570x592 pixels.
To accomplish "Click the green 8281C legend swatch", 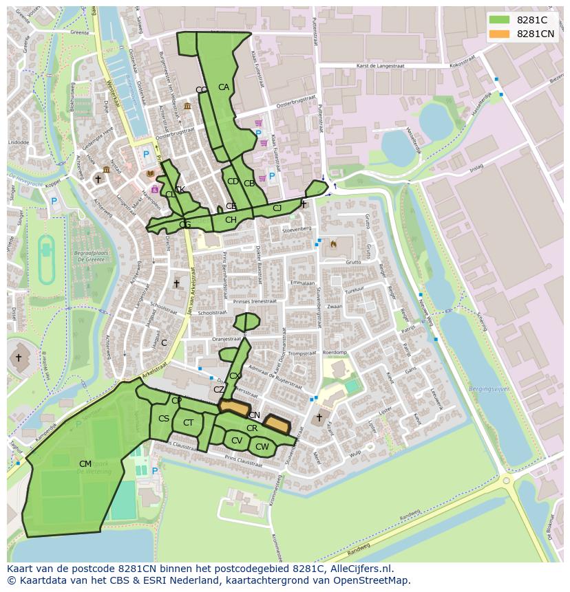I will pyautogui.click(x=500, y=21).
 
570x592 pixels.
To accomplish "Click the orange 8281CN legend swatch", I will pyautogui.click(x=500, y=34).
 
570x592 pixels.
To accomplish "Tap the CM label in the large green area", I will pyautogui.click(x=85, y=464).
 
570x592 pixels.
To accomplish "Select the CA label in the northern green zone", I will pyautogui.click(x=224, y=87).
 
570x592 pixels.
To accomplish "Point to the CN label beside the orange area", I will pyautogui.click(x=255, y=415).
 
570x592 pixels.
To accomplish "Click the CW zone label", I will pyautogui.click(x=262, y=447).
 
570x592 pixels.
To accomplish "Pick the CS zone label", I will pyautogui.click(x=164, y=419).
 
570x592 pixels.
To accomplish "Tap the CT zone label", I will pyautogui.click(x=189, y=423).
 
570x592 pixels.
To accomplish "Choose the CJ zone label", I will pyautogui.click(x=277, y=208).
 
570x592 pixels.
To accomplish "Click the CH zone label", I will pyautogui.click(x=231, y=220).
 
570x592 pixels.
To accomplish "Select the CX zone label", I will pyautogui.click(x=235, y=376).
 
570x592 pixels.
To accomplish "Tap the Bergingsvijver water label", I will pyautogui.click(x=488, y=388).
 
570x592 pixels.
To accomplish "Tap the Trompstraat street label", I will pyautogui.click(x=301, y=353).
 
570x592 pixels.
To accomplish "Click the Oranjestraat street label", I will pyautogui.click(x=226, y=338).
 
